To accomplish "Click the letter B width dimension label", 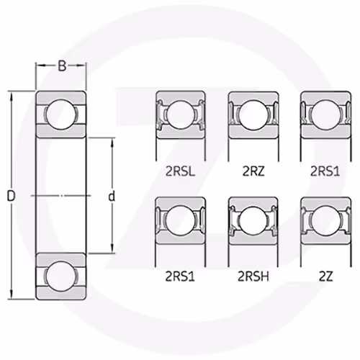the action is point(62,66).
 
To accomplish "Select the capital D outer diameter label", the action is point(11,196).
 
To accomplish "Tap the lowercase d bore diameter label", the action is point(112,196).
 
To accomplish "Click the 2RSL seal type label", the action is point(180,171).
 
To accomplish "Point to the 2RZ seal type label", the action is point(253,171).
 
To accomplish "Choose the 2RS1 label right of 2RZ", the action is point(325,171).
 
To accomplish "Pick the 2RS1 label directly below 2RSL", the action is point(180,276).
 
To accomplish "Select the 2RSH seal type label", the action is point(253,276).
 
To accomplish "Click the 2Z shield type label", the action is point(326,276).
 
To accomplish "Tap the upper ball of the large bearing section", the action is point(61,114).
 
